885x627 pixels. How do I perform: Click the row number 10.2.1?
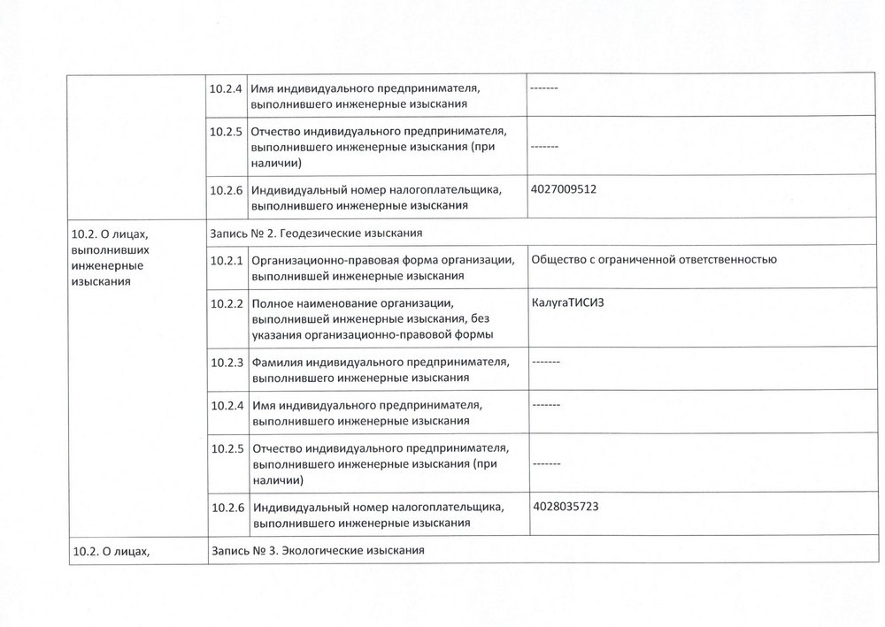click(x=227, y=260)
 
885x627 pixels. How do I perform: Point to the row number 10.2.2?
click(x=227, y=303)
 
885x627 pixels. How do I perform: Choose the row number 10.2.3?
click(x=227, y=362)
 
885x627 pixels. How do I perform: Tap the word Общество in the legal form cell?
click(x=558, y=259)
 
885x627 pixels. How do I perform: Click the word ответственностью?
click(x=724, y=259)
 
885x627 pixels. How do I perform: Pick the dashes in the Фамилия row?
click(x=547, y=362)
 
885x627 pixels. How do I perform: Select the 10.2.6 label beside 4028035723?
click(x=227, y=508)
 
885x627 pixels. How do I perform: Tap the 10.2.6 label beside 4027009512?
click(x=227, y=189)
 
